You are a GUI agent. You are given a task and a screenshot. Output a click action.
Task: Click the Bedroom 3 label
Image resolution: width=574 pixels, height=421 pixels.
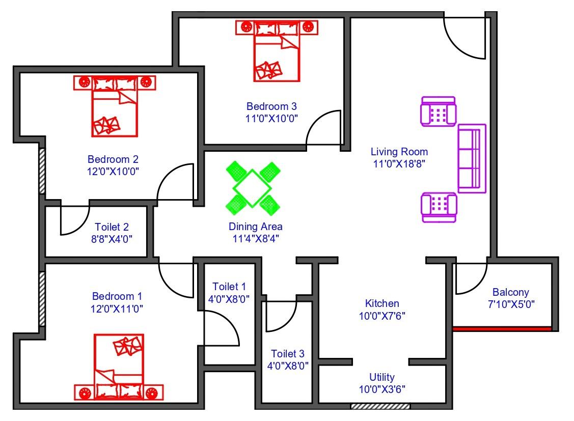271,106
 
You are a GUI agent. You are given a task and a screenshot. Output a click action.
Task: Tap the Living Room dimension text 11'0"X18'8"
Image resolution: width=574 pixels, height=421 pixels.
399,163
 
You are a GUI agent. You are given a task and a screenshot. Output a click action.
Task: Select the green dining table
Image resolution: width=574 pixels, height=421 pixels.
252,188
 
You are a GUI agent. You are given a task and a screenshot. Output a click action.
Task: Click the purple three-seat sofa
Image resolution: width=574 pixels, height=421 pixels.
472,158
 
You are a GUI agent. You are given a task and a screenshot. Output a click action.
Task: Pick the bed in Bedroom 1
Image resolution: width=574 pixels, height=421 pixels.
119,367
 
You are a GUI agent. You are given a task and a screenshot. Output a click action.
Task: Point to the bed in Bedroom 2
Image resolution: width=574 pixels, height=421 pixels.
115,106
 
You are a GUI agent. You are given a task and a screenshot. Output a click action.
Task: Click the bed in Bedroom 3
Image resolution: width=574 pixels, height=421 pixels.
277,51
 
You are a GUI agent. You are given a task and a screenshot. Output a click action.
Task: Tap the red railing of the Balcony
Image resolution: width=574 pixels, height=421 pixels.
502,329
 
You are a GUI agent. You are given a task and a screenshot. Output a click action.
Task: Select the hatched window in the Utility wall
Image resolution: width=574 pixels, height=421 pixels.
380,406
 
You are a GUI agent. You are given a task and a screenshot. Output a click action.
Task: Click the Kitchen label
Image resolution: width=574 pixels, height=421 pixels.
382,303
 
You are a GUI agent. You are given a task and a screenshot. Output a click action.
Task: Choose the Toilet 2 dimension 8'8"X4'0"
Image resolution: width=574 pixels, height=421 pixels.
112,239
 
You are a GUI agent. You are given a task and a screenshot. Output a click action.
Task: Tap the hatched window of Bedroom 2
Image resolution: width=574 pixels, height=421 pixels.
42,171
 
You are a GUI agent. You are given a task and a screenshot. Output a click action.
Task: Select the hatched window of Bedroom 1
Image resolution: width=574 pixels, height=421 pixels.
42,299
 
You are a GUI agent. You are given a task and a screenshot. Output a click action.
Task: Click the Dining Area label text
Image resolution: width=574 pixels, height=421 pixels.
256,227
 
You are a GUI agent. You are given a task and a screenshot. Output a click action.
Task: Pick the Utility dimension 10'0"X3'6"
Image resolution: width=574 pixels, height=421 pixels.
382,389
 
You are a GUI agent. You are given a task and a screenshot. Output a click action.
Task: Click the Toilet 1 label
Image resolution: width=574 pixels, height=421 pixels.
229,287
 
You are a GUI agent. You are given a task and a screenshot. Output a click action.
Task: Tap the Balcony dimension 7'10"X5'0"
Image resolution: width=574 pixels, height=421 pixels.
511,304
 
